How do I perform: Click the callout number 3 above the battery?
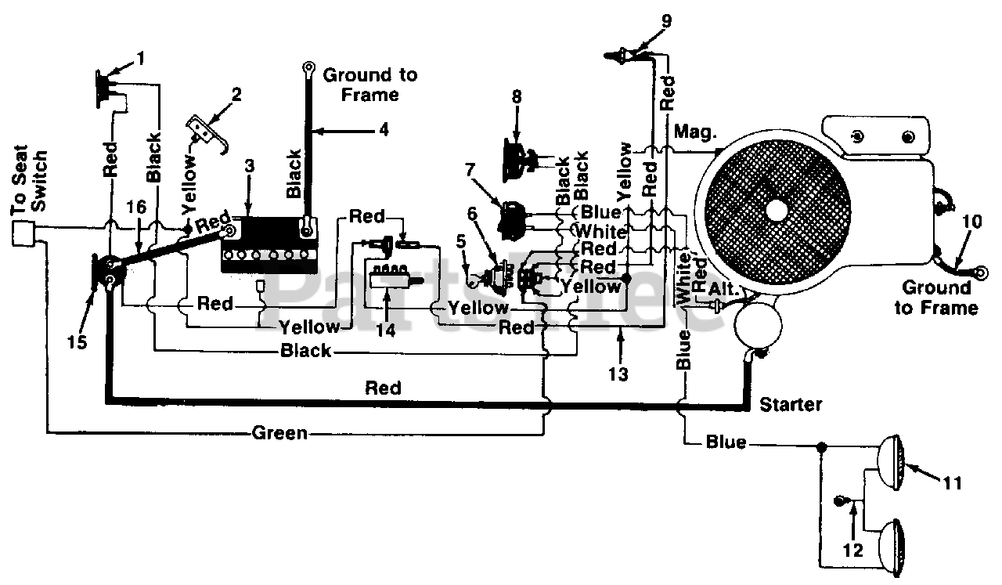(250, 165)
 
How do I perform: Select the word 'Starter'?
(791, 405)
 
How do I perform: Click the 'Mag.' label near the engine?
(695, 132)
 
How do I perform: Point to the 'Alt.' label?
(723, 289)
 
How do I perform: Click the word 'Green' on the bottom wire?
(280, 433)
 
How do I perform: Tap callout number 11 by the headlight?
(953, 483)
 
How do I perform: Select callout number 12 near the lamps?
(852, 550)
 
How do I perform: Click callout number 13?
(618, 374)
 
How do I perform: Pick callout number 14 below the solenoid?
(386, 330)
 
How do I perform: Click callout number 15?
(77, 342)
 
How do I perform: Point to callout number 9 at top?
(666, 21)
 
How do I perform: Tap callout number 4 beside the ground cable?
(384, 130)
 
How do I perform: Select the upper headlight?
(891, 463)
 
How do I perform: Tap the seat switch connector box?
(23, 233)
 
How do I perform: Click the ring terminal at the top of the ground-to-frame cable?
(308, 68)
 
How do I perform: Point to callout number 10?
(971, 221)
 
